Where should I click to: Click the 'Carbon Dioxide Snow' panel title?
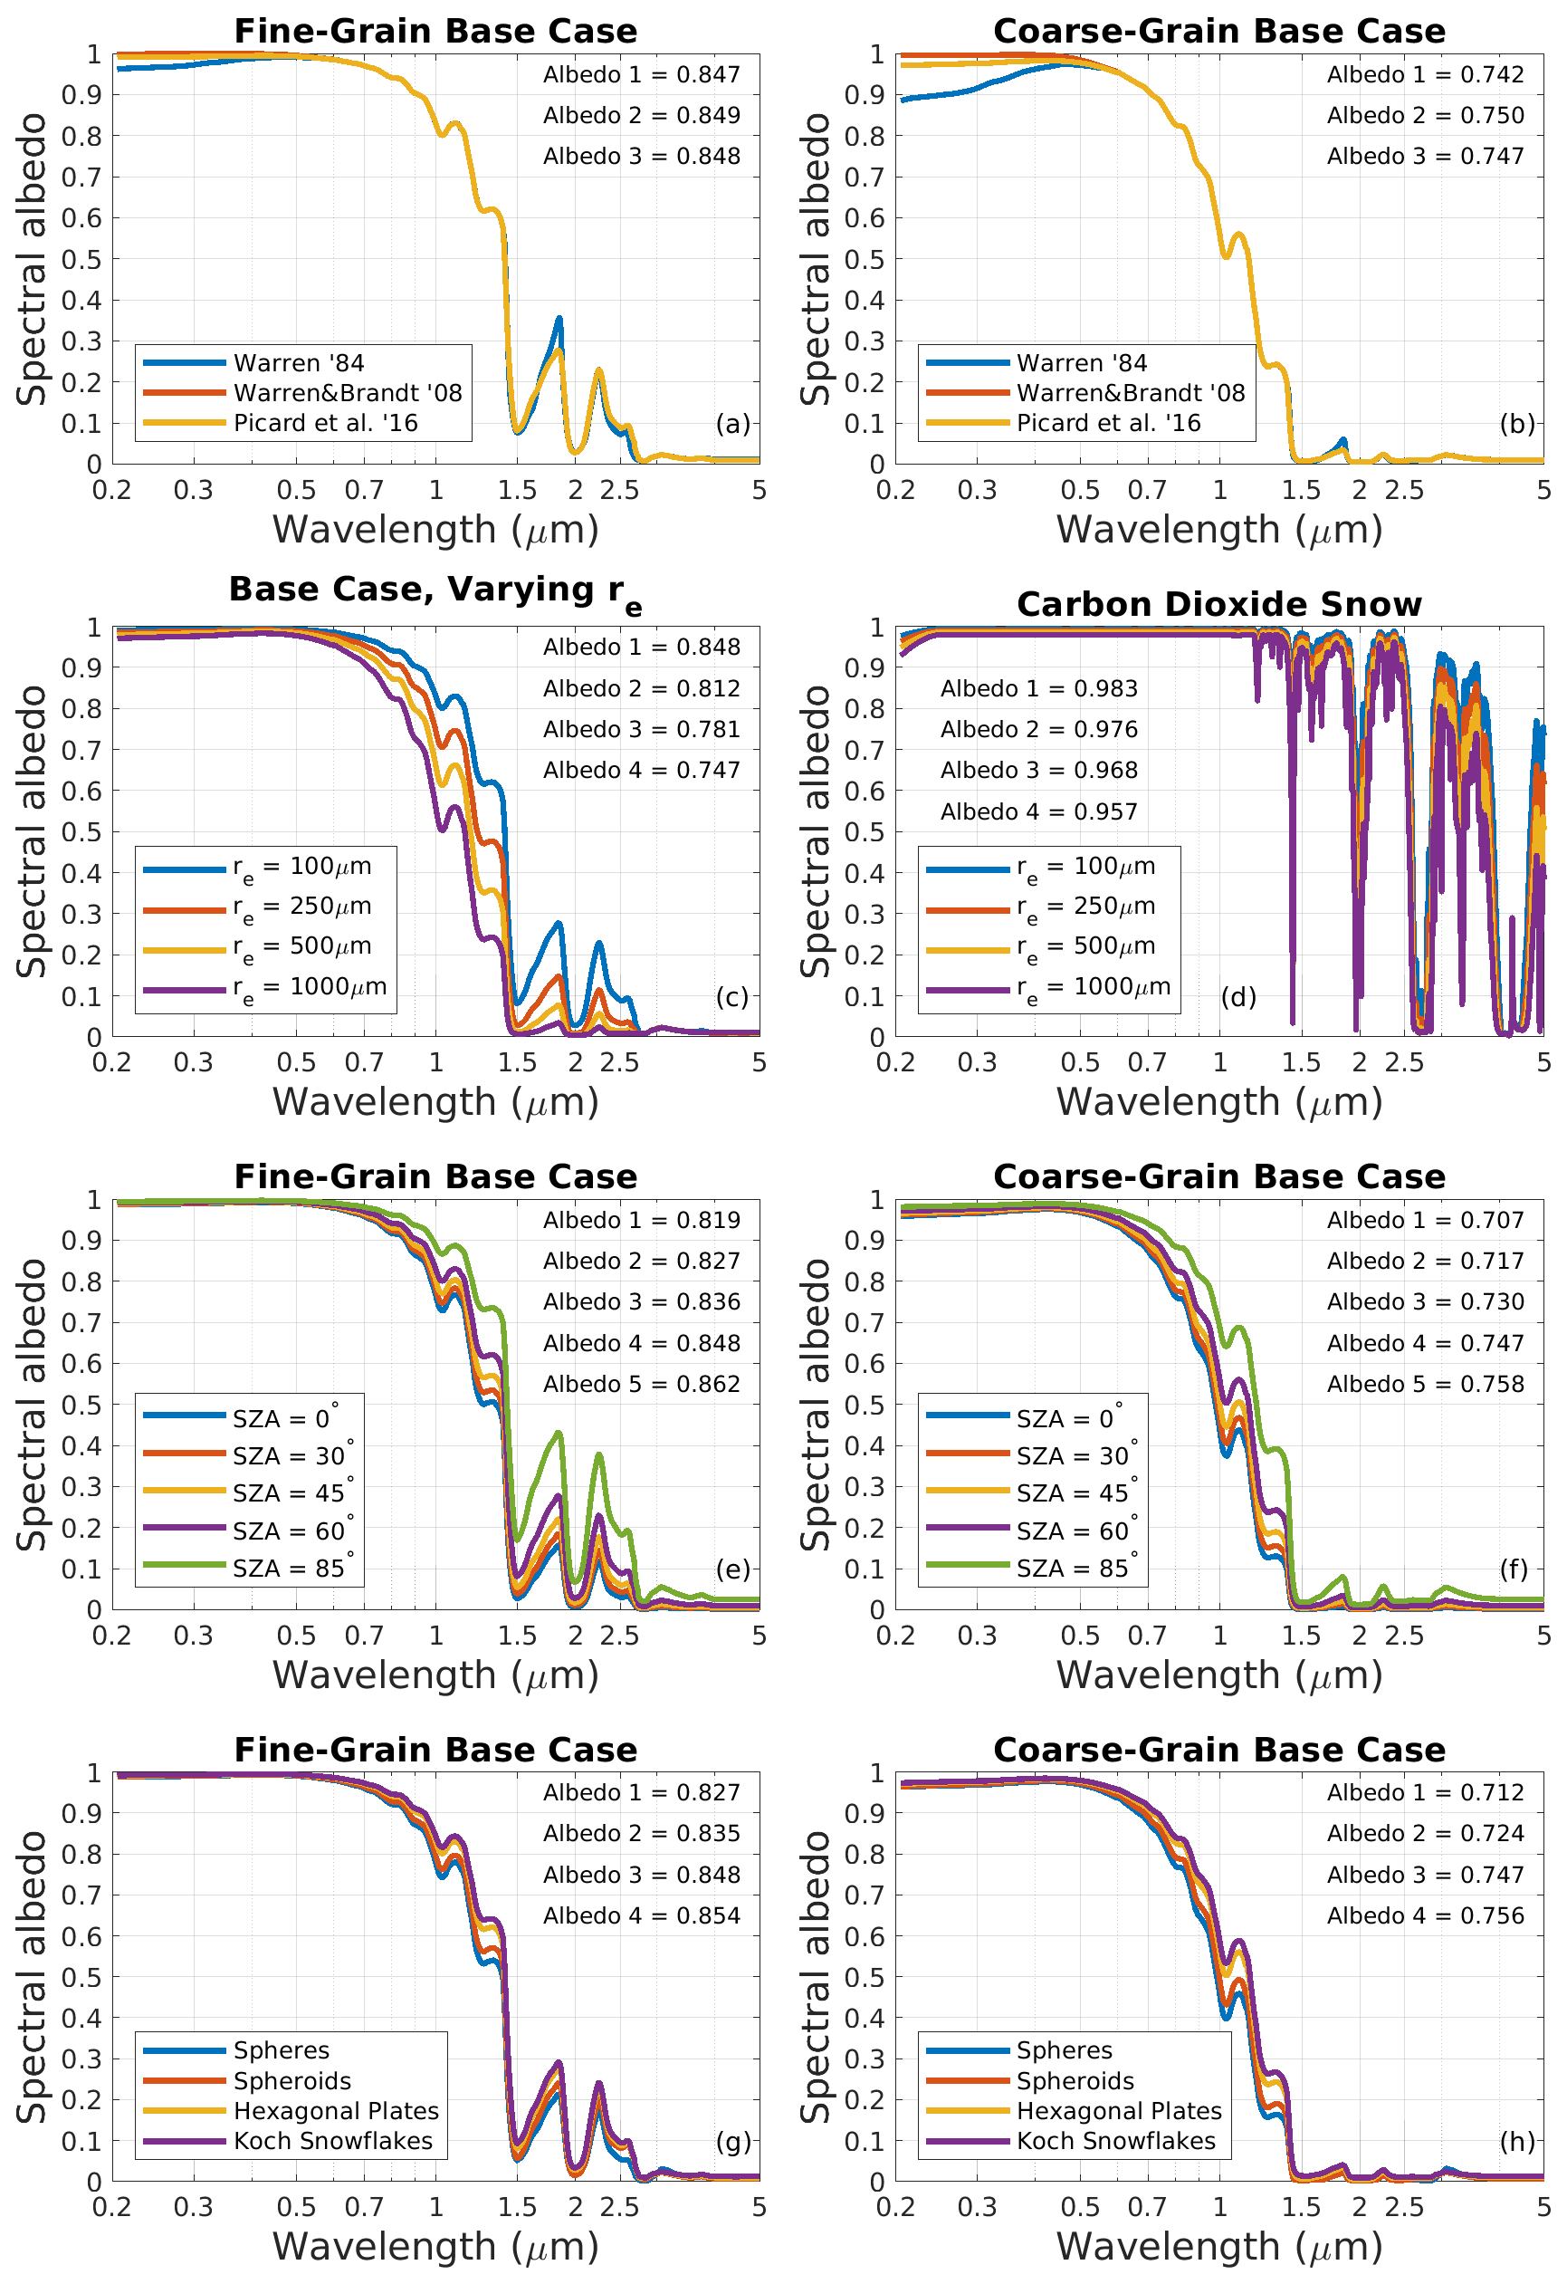pyautogui.click(x=1218, y=603)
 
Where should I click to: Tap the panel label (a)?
pyautogui.click(x=732, y=424)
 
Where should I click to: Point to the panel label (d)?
pyautogui.click(x=1237, y=997)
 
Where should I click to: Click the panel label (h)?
pyautogui.click(x=1516, y=2142)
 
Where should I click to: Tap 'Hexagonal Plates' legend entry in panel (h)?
pyautogui.click(x=1118, y=2111)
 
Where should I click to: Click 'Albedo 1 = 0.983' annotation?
pyautogui.click(x=1038, y=689)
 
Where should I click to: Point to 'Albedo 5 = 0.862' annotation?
pyautogui.click(x=642, y=1384)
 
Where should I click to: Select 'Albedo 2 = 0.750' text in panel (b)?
pyautogui.click(x=1425, y=116)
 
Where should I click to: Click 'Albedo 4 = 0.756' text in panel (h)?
pyautogui.click(x=1425, y=1915)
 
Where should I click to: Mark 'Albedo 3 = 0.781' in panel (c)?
pyautogui.click(x=642, y=729)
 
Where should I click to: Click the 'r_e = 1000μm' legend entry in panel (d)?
pyautogui.click(x=1093, y=988)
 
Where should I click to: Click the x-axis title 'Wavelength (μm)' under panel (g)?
pyautogui.click(x=435, y=2247)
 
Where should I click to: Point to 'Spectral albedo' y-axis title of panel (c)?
pyautogui.click(x=32, y=831)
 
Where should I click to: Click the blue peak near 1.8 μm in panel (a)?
pyautogui.click(x=559, y=320)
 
